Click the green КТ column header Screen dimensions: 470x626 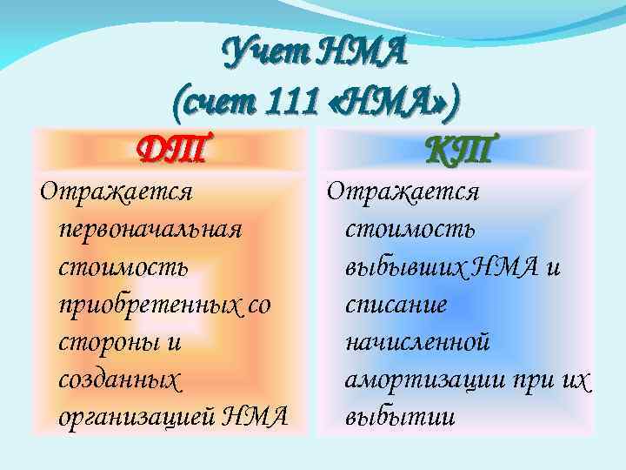click(x=459, y=150)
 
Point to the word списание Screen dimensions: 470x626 click(x=396, y=304)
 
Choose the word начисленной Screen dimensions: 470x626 click(x=416, y=341)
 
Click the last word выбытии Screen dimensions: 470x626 click(x=399, y=416)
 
